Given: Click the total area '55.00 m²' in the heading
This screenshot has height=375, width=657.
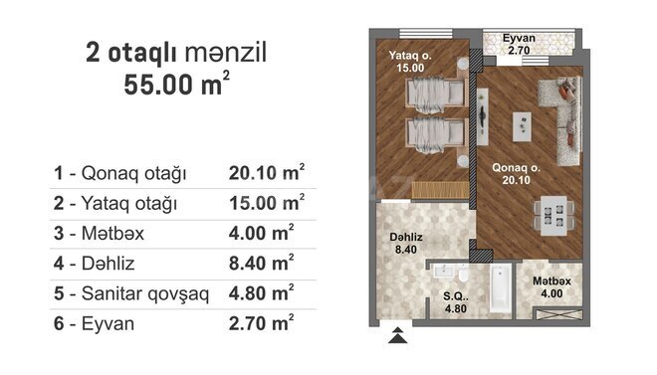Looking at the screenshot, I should tap(177, 85).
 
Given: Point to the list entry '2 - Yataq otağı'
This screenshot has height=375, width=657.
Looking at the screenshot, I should tap(115, 203).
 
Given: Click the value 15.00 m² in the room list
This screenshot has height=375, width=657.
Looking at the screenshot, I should tap(265, 203).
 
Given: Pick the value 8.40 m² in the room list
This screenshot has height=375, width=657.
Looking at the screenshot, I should tap(261, 263).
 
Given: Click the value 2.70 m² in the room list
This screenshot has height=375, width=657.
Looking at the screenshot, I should tap(261, 322).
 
